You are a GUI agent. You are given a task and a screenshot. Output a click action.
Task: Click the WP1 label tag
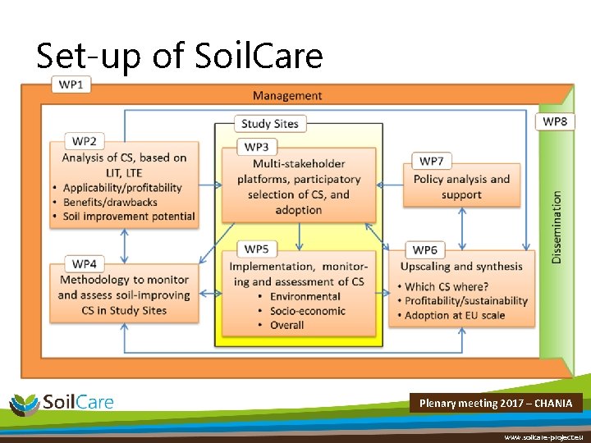[x=71, y=85]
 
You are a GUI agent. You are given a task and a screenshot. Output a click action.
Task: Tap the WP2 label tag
[x=84, y=141]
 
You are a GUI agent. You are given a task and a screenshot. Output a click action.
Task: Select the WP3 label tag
[x=256, y=147]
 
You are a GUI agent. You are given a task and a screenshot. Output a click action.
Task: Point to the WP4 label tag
[x=84, y=263]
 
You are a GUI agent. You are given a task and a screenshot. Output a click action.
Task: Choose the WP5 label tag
[x=256, y=249]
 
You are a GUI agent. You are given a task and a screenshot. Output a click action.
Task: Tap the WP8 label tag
[x=555, y=121]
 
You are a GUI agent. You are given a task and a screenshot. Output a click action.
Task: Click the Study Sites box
[x=269, y=124]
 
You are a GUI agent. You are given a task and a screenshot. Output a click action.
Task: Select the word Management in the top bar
[x=287, y=96]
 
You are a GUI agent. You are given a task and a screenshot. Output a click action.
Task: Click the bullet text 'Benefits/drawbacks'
[x=114, y=202]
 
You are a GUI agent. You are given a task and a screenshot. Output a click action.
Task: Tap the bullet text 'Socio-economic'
[x=309, y=311]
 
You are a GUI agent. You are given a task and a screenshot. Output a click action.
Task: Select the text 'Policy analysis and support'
[x=461, y=186]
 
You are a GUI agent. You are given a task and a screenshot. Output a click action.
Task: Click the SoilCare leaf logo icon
[x=24, y=404]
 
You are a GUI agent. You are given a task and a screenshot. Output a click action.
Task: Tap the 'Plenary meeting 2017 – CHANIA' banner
[x=496, y=404]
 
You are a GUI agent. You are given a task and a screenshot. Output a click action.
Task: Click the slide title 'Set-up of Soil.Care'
[x=180, y=56]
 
